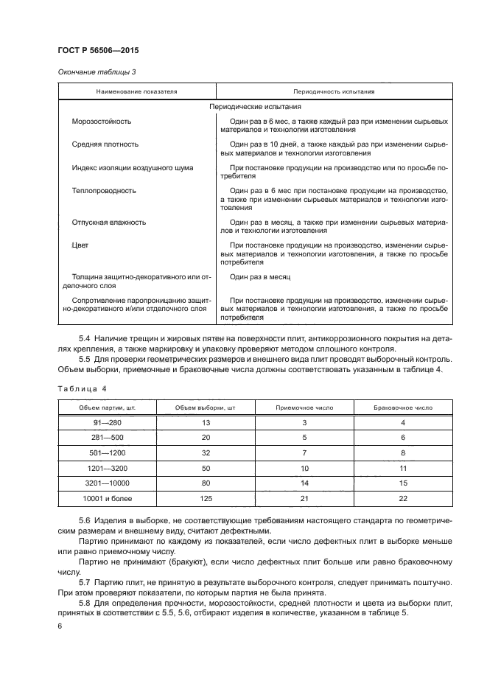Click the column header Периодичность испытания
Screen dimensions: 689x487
pyautogui.click(x=334, y=91)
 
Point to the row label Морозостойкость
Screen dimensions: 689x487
pyautogui.click(x=102, y=121)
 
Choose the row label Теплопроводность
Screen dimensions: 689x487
pyautogui.click(x=104, y=190)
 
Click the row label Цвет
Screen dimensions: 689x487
pyautogui.click(x=80, y=245)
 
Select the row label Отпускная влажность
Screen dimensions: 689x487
pyautogui.click(x=109, y=222)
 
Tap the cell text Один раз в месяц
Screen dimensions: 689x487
pyautogui.click(x=260, y=276)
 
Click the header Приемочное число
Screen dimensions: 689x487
pyautogui.click(x=304, y=407)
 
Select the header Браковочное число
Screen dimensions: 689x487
pyautogui.click(x=402, y=407)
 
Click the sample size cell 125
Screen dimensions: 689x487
pyautogui.click(x=206, y=499)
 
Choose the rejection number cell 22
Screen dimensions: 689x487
pyautogui.click(x=402, y=499)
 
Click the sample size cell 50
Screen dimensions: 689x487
pyautogui.click(x=206, y=468)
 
